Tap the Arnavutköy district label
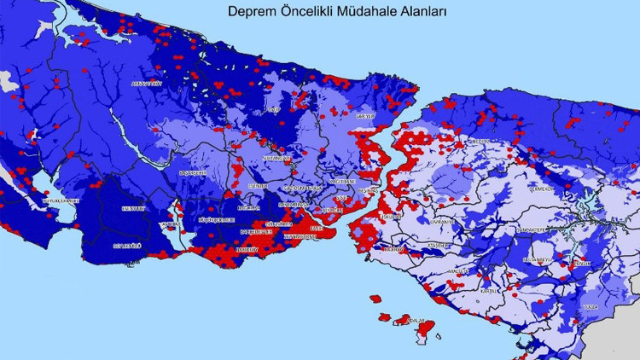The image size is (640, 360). tap(145, 84)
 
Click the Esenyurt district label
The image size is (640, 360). tap(134, 207)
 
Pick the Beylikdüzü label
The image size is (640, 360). tap(125, 245)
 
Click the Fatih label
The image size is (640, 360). tap(316, 229)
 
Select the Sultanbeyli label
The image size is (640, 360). tap(538, 258)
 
